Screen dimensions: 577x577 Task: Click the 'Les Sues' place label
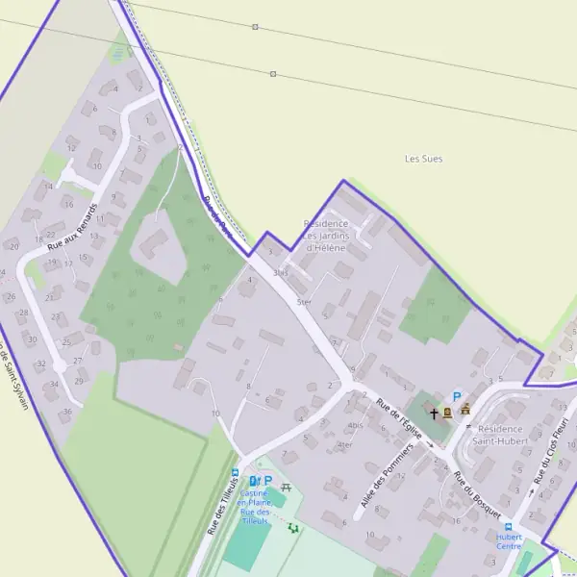tap(423, 159)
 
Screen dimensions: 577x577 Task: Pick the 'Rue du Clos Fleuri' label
tap(552, 448)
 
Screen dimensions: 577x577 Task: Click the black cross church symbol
tap(434, 414)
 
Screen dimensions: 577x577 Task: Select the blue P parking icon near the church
tap(458, 395)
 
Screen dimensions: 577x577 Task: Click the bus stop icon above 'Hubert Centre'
tap(508, 526)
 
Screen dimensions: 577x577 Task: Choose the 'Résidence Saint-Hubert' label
tap(499, 434)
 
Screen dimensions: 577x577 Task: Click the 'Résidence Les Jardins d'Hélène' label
tap(325, 236)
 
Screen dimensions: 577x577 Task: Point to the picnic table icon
tap(286, 488)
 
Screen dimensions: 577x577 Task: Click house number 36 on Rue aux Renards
tap(67, 412)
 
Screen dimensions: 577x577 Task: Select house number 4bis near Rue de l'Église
tap(357, 425)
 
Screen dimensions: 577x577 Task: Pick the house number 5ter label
tap(305, 302)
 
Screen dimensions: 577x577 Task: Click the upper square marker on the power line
tap(255, 28)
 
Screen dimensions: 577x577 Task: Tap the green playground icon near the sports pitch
tap(293, 527)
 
